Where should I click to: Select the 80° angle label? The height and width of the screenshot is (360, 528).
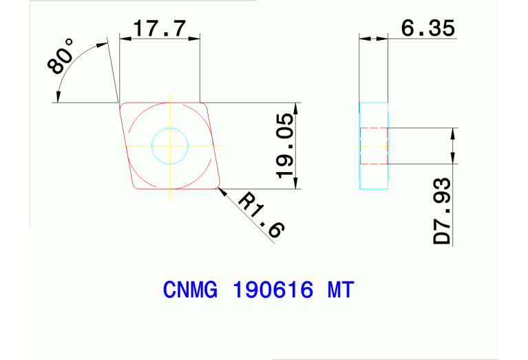(61, 56)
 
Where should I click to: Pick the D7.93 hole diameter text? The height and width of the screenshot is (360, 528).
(442, 212)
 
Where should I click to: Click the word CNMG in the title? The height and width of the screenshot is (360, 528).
(189, 290)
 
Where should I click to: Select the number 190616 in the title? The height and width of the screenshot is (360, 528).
(273, 290)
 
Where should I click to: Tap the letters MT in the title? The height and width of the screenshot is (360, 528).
(339, 290)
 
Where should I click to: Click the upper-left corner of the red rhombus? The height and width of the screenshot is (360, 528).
(123, 105)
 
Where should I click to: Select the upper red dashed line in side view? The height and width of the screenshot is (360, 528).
(374, 128)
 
